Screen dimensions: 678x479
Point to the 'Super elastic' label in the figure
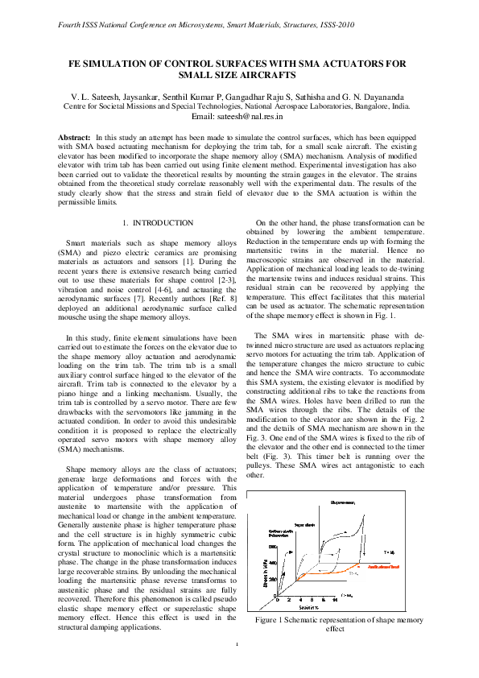(x=304, y=523)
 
